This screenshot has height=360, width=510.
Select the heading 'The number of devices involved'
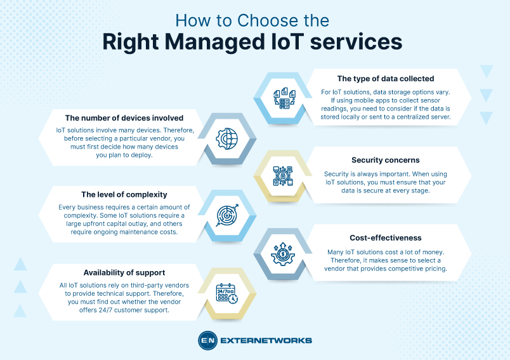(x=124, y=117)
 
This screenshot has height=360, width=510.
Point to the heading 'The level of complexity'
(x=124, y=194)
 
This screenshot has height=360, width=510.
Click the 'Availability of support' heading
(x=124, y=272)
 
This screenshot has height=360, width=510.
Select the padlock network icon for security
(x=282, y=176)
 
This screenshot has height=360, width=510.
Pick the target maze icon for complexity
(x=226, y=214)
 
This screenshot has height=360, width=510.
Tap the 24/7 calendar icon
(x=226, y=292)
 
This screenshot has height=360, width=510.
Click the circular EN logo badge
(x=207, y=340)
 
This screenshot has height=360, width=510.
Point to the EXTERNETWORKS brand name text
(x=266, y=340)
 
